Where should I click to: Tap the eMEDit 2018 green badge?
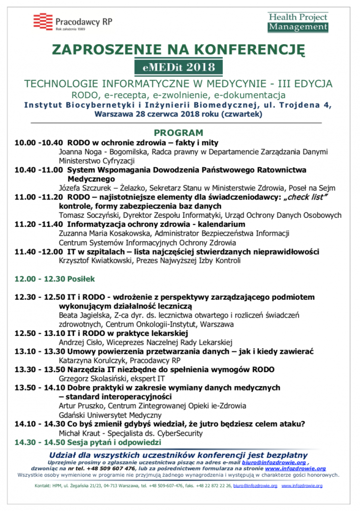180,67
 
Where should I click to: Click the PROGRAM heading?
179,133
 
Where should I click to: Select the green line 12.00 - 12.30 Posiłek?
55,279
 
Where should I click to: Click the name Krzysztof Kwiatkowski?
95,260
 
